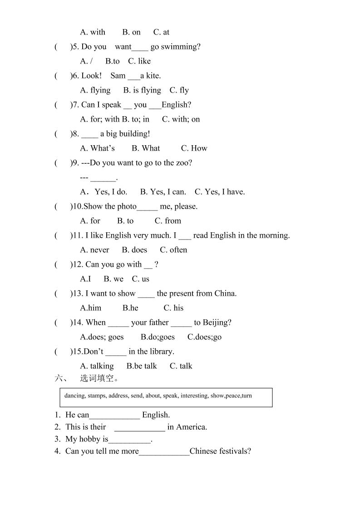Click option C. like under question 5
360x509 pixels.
tap(139, 61)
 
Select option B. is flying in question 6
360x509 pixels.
tap(142, 90)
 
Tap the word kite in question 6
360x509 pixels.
tap(153, 76)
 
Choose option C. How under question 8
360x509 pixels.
tap(194, 148)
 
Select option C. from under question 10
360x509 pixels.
tap(168, 221)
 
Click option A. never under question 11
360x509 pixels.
tap(94, 250)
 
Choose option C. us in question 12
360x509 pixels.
tap(140, 279)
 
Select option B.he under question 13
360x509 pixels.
tap(130, 308)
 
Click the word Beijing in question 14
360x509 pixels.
tap(216, 323)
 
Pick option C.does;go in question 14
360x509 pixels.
tap(204, 337)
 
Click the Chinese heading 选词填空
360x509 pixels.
tap(99, 378)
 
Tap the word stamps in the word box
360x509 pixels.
tap(96, 396)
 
